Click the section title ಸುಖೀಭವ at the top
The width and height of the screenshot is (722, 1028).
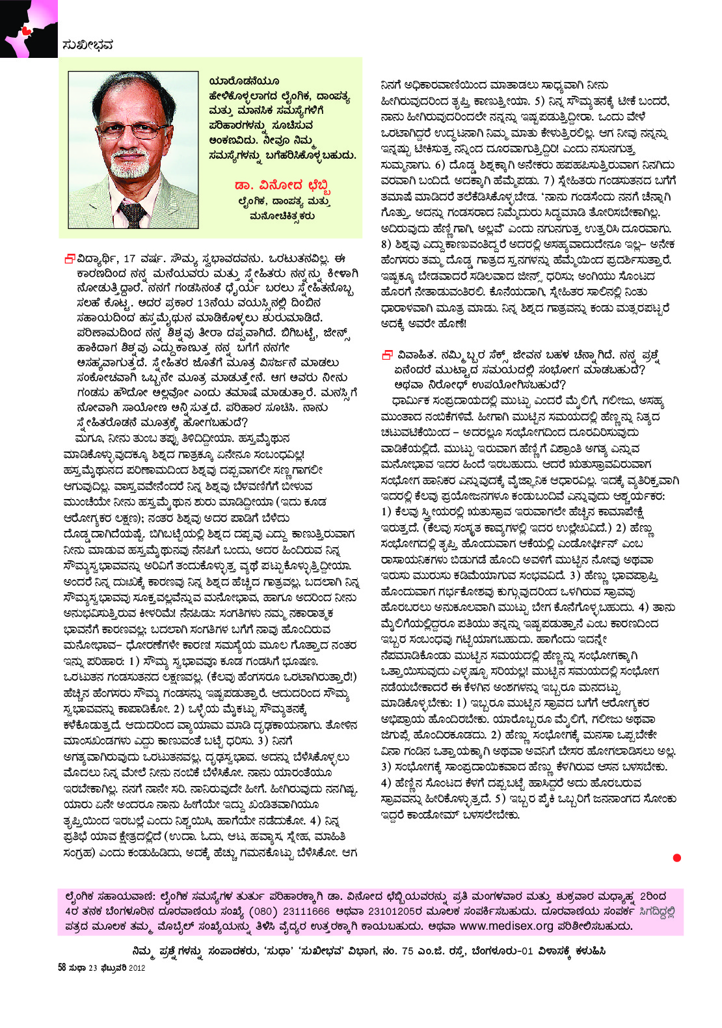pos(88,45)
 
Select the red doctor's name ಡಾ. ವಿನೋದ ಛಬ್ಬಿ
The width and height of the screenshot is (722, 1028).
pos(283,187)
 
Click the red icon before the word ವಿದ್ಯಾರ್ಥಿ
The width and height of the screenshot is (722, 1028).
pos(69,258)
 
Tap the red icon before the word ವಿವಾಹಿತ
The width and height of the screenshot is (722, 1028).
pos(387,355)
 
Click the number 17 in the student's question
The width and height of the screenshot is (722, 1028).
pos(129,258)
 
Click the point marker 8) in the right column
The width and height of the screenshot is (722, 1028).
pos(387,245)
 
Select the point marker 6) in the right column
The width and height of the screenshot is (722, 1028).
pos(440,165)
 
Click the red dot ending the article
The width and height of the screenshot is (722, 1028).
pos(676,858)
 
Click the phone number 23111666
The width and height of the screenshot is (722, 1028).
pos(304,912)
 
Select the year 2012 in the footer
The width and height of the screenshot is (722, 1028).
pos(137,967)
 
